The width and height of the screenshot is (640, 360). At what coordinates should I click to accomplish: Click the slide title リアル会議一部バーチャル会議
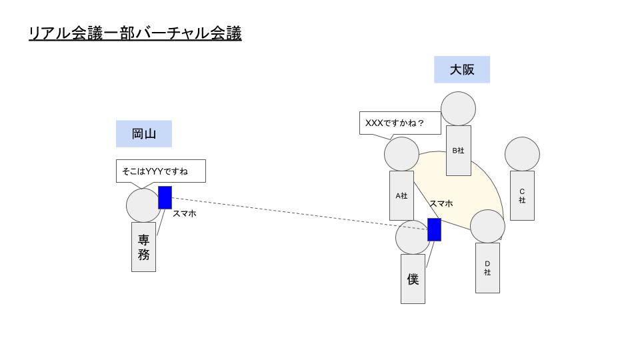(x=135, y=33)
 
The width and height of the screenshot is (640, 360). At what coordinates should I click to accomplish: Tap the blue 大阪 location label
(x=462, y=70)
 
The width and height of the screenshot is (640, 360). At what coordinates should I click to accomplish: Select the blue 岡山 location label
(x=144, y=134)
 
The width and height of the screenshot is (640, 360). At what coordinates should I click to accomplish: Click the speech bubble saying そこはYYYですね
(x=161, y=171)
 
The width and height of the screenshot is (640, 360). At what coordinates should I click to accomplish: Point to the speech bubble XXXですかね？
(x=400, y=123)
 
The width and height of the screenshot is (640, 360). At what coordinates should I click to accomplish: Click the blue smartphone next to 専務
(x=165, y=197)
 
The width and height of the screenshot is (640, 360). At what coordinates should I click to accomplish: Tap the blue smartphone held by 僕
(x=434, y=230)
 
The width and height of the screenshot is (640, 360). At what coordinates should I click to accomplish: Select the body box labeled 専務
(x=144, y=247)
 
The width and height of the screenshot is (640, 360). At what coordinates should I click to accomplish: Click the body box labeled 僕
(x=413, y=279)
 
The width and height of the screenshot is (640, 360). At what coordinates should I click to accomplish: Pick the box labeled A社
(x=401, y=195)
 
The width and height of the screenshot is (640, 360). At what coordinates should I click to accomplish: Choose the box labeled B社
(x=459, y=151)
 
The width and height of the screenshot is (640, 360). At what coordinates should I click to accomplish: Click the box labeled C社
(x=522, y=195)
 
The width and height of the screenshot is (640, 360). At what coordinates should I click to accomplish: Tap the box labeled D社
(x=487, y=268)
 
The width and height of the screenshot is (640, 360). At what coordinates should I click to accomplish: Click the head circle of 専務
(x=143, y=205)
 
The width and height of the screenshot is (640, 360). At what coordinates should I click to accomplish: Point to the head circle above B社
(x=459, y=109)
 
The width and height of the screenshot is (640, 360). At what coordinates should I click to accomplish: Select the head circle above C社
(x=522, y=154)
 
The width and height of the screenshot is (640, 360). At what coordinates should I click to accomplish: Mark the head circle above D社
(x=487, y=227)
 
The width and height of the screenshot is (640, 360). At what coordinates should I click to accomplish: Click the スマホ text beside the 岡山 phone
(x=185, y=213)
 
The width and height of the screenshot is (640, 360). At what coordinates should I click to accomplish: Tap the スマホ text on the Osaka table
(x=441, y=203)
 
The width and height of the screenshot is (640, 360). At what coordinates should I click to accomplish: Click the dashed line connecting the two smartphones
(x=299, y=214)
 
